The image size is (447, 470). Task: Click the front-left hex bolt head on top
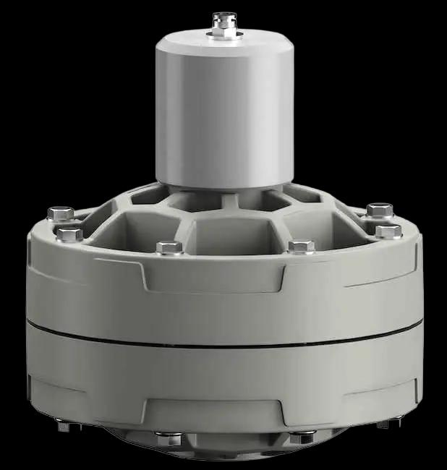point(169,247)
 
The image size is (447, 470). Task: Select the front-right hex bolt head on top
point(302,247)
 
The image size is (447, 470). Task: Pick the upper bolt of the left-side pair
point(61,213)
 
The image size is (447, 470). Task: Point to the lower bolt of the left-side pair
point(69,234)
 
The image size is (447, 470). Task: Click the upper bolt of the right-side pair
point(380,210)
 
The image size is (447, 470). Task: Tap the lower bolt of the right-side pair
point(388,231)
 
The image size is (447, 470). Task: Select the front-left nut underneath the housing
point(169,437)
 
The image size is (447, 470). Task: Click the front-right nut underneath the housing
point(302,437)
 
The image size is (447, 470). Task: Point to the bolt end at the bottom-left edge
point(64,425)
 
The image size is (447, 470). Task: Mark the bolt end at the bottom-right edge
point(384,423)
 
